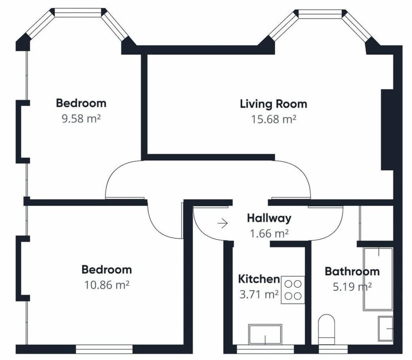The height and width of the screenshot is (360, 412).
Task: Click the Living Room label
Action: tap(273, 104)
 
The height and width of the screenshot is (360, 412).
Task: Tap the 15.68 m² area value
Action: tap(274, 119)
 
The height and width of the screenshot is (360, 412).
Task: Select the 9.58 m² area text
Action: tap(81, 118)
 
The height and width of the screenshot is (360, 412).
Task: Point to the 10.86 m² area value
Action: tap(107, 285)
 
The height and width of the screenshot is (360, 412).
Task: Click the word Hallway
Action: tap(269, 218)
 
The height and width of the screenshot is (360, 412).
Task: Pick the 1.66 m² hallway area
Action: tap(269, 233)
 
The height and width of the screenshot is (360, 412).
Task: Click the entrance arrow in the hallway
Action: tap(223, 224)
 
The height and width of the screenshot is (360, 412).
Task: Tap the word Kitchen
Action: tap(259, 279)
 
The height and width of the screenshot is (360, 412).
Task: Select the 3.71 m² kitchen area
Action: tap(259, 294)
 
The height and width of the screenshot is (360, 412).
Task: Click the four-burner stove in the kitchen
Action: tap(293, 290)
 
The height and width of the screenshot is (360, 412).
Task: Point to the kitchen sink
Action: tap(265, 334)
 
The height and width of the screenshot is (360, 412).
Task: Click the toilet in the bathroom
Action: tap(327, 330)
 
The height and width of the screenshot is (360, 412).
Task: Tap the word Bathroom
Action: tap(352, 272)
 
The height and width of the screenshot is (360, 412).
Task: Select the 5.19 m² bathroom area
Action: tap(352, 287)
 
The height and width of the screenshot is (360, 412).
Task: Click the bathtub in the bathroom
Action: tap(378, 279)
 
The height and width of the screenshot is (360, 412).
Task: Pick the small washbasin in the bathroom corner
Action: tap(385, 329)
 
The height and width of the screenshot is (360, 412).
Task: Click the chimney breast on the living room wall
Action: tap(387, 130)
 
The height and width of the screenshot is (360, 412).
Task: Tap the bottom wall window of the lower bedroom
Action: tap(104, 349)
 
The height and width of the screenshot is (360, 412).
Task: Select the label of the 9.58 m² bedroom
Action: tap(81, 103)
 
